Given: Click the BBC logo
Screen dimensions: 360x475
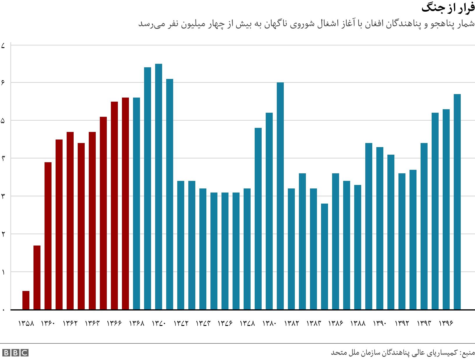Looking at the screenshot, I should [x=15, y=353].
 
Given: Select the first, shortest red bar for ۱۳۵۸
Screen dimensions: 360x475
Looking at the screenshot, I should [x=26, y=300].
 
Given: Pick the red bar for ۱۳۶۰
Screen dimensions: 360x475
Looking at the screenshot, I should [x=48, y=236].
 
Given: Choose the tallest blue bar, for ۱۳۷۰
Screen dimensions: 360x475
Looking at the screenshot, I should [x=159, y=186].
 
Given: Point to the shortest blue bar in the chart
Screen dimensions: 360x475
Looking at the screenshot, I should [x=325, y=256].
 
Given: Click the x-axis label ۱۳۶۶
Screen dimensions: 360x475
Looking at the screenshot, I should [x=114, y=324].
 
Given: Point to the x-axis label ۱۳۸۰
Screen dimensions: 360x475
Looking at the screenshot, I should [x=269, y=324].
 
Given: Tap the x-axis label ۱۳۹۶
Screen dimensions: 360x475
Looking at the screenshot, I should [x=446, y=324].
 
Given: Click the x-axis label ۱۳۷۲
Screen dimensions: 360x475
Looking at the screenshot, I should [x=181, y=324].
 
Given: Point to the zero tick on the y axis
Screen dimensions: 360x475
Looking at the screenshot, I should [x=3, y=310].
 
